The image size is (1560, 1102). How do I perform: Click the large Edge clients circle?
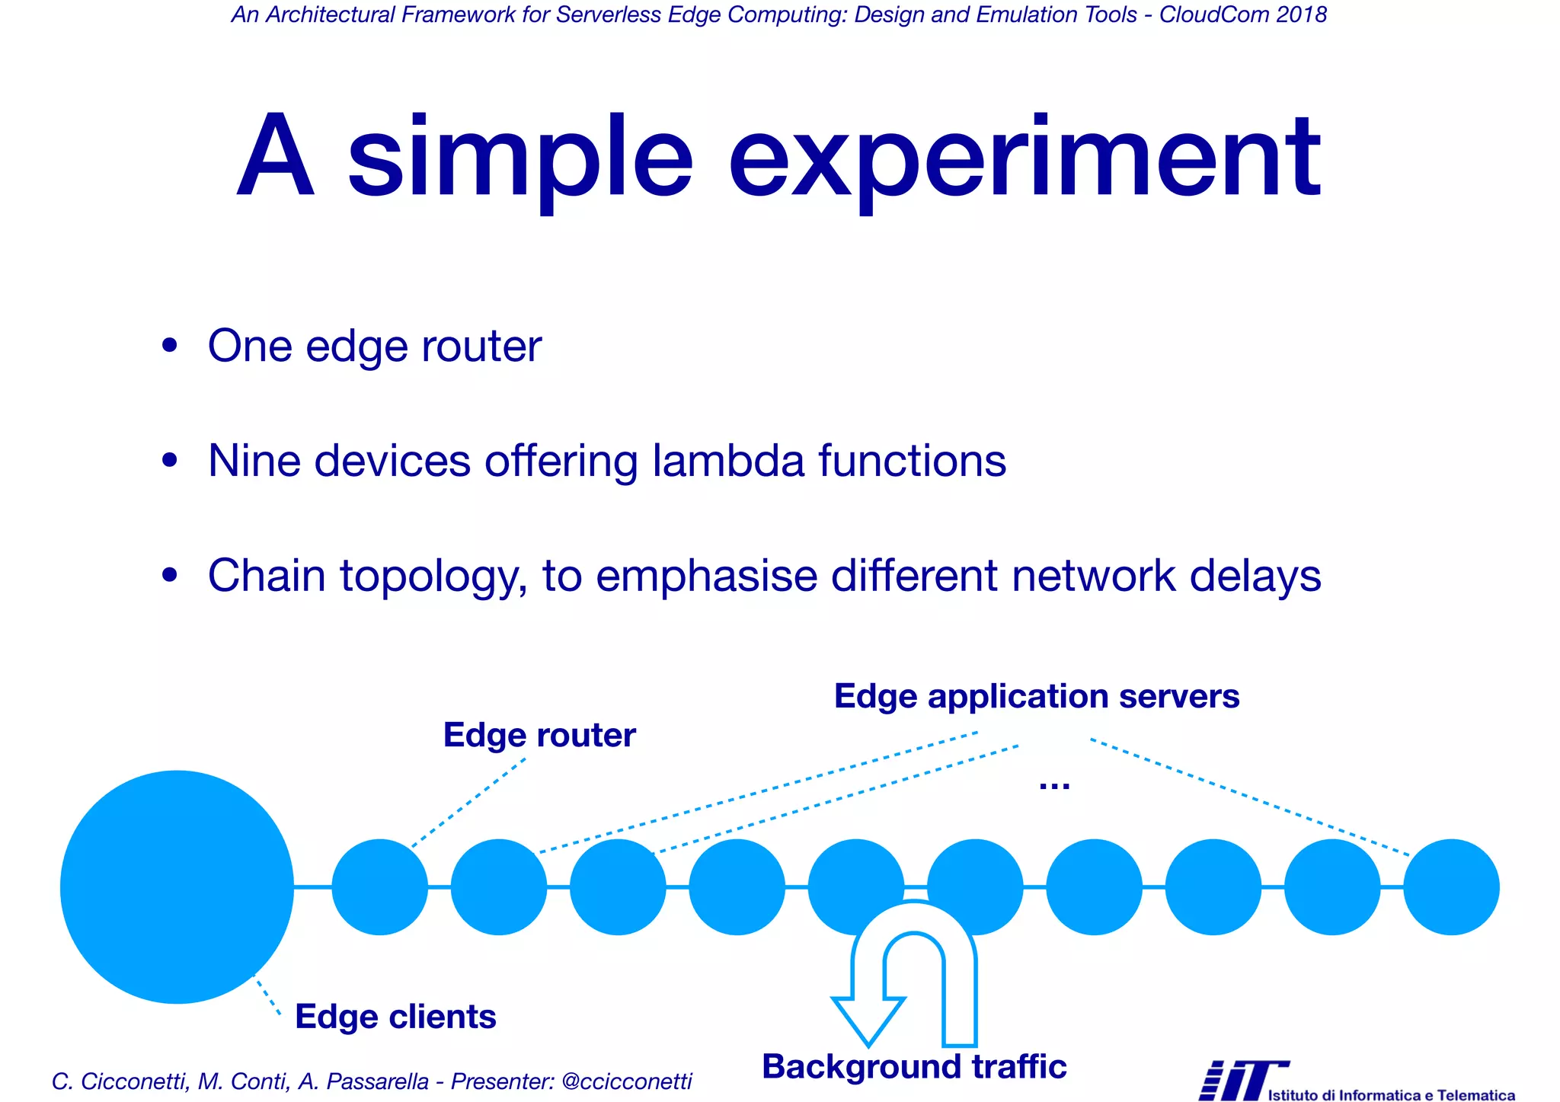coord(177,886)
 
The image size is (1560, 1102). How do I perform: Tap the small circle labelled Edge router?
coord(379,886)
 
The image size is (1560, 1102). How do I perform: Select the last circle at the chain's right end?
coord(1451,886)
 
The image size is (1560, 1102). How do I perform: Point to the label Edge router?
coord(539,736)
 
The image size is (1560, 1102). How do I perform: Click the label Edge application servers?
coord(1036,696)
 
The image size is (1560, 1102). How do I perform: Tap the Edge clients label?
coord(395,1017)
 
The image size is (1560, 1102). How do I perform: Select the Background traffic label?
coord(913,1066)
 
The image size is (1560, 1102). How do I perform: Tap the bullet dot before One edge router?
coord(169,346)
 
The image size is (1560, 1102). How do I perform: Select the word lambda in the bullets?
coord(728,461)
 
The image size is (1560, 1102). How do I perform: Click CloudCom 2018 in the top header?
coord(1242,14)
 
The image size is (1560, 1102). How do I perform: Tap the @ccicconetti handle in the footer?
coord(626,1081)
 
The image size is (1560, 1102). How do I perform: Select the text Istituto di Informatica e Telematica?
coord(1391,1095)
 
